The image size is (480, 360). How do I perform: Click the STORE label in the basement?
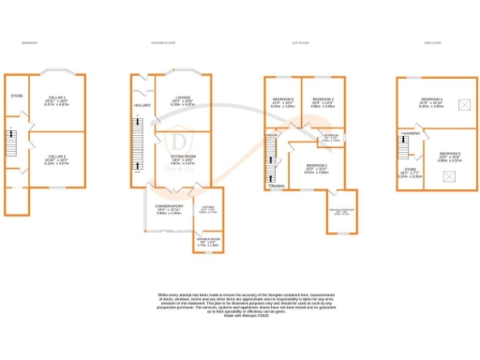pyautogui.click(x=16, y=96)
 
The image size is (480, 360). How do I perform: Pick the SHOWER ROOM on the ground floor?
pyautogui.click(x=207, y=242)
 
